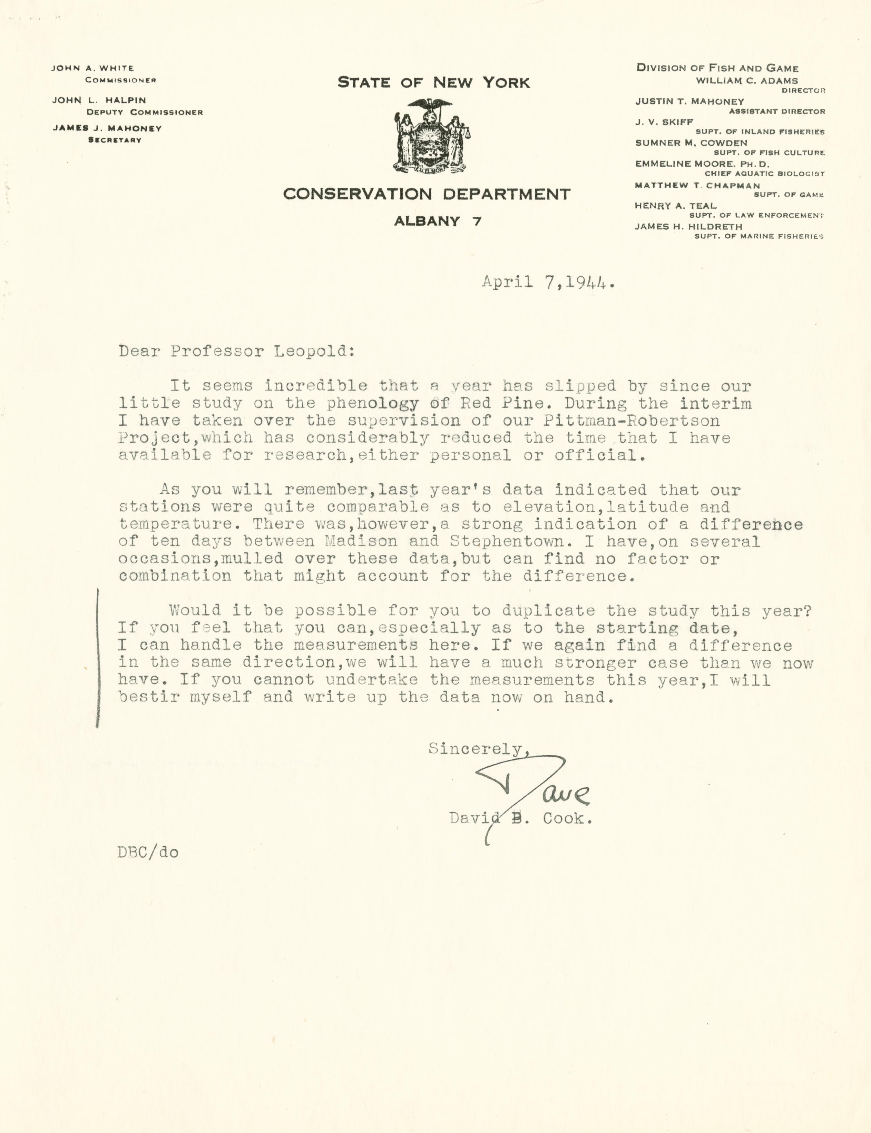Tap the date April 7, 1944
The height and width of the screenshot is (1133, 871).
coord(548,283)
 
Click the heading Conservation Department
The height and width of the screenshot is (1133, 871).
coord(427,194)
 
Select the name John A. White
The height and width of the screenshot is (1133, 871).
coord(93,68)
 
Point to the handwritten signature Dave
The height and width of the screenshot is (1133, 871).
coord(534,787)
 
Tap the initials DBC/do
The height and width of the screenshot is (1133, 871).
coord(148,853)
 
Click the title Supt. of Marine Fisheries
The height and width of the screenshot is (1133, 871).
coord(759,236)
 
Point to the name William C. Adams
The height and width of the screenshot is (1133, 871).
coord(746,81)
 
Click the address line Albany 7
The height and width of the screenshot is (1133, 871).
coord(438,221)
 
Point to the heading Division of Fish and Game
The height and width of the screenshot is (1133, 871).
coord(717,68)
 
